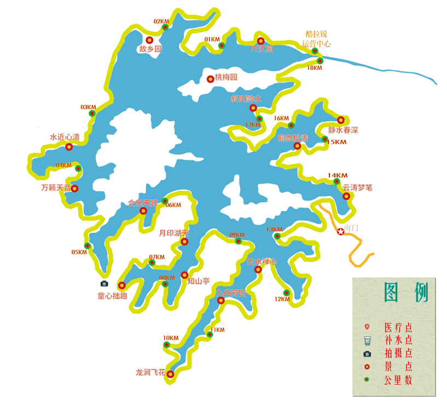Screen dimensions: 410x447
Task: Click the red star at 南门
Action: (x=341, y=231)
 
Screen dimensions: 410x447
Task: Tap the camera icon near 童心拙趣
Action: (x=105, y=283)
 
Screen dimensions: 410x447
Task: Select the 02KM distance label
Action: (x=161, y=21)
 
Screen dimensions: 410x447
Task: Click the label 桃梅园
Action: (x=226, y=78)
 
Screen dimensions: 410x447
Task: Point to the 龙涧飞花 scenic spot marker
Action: (x=170, y=374)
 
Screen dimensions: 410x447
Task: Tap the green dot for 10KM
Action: (x=166, y=345)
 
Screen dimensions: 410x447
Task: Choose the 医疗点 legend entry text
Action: (x=398, y=327)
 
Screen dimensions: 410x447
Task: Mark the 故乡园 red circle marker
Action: (x=149, y=40)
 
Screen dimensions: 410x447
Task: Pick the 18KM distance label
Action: (x=314, y=68)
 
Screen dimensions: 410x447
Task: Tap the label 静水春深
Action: (x=342, y=130)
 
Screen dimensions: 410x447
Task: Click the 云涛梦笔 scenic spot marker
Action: (x=346, y=196)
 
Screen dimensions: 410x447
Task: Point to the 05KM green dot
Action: (x=87, y=245)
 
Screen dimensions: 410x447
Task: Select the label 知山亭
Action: (x=199, y=282)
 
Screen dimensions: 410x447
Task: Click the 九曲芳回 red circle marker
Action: (x=221, y=301)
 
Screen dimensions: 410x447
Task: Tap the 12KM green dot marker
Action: (x=286, y=291)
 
